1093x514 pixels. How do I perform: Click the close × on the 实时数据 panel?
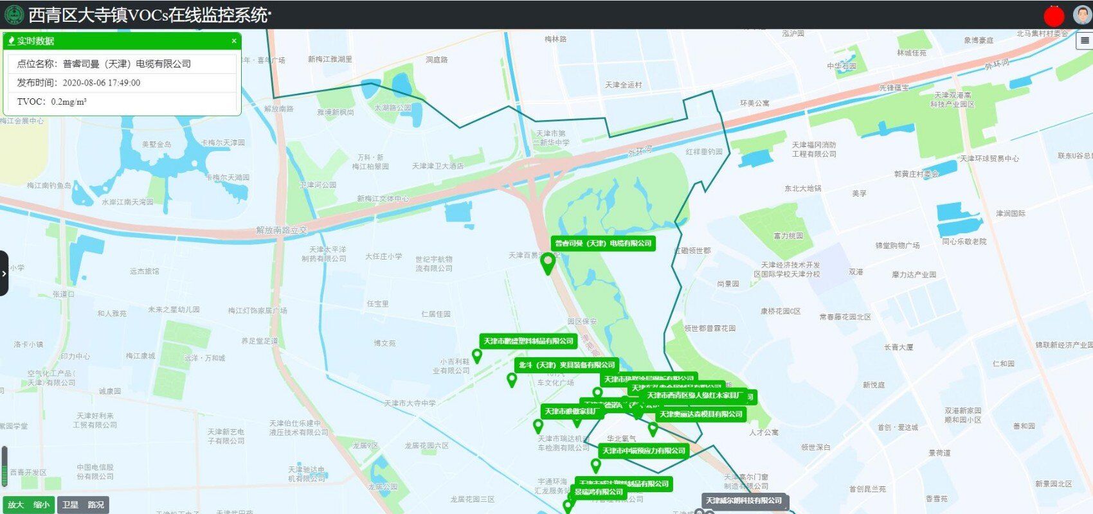pos(234,41)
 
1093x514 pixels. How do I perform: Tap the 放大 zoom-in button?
pos(16,505)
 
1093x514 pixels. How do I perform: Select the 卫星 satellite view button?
pos(70,505)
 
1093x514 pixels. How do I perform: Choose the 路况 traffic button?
pos(96,505)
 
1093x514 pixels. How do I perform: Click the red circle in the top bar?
pos(1054,15)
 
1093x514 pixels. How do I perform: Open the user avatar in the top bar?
pos(1082,15)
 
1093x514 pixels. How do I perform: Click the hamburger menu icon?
pos(1085,40)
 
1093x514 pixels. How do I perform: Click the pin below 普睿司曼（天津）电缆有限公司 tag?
pos(548,263)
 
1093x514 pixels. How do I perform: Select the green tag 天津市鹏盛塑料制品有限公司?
pos(528,341)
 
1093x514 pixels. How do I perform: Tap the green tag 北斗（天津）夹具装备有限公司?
pos(566,365)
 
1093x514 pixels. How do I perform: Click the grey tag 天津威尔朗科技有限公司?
pos(744,501)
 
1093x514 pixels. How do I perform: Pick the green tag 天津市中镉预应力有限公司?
pos(644,451)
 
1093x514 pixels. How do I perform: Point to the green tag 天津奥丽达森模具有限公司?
pos(701,414)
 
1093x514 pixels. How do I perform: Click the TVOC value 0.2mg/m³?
pos(69,102)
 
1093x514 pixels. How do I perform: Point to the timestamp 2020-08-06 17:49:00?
pos(101,83)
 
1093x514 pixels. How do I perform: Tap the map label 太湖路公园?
pos(392,108)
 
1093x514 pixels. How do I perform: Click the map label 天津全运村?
pos(623,85)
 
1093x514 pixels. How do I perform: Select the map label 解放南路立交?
pos(281,230)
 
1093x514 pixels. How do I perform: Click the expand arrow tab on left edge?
pos(4,273)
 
